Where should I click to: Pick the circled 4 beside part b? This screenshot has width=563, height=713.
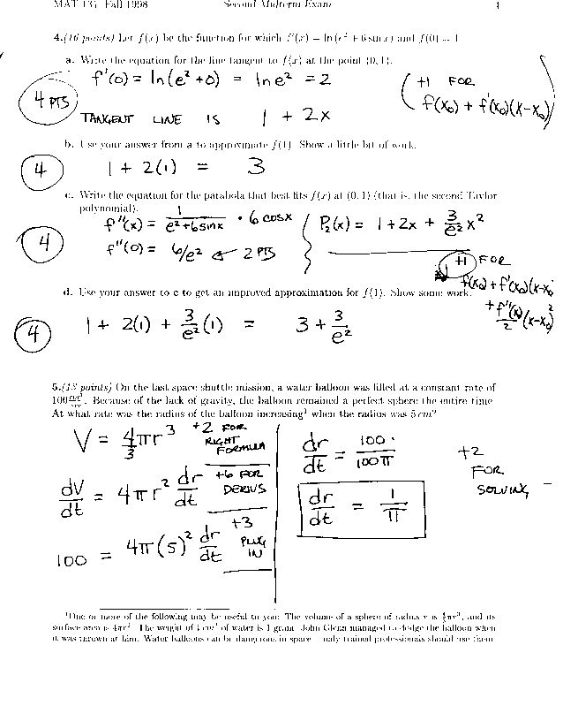click(x=39, y=168)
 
